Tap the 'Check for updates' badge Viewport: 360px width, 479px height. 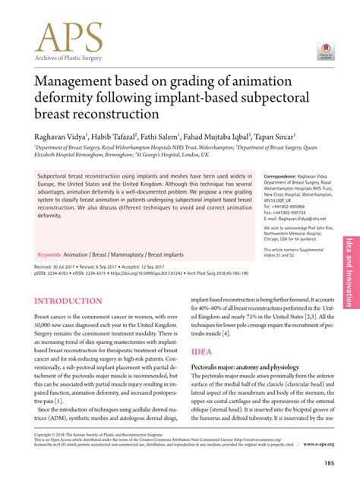[324, 50]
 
